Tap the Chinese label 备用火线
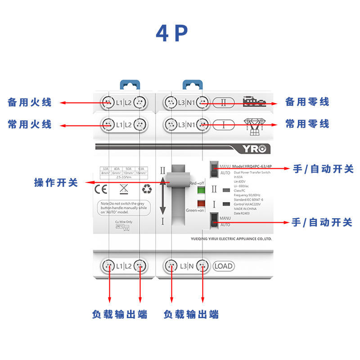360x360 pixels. tap(30, 102)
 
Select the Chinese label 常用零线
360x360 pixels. tap(307, 124)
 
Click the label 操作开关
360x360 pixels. tap(56, 183)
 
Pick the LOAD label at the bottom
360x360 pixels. tap(223, 266)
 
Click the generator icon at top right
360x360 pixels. tap(255, 102)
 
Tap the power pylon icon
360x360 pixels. tap(255, 126)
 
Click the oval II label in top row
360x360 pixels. tap(224, 102)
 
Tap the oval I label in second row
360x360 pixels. tap(224, 124)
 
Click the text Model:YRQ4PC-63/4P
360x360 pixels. tap(251, 166)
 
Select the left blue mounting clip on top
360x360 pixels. tap(129, 85)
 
